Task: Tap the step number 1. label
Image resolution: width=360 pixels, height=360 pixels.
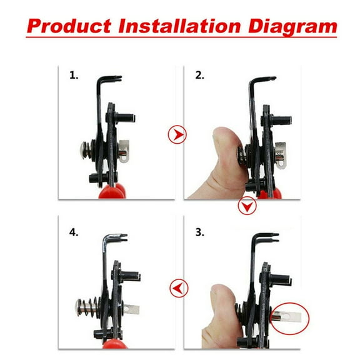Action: pyautogui.click(x=74, y=76)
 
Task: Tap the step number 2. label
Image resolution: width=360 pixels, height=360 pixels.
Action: pyautogui.click(x=200, y=76)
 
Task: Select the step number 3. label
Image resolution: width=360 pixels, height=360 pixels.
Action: pyautogui.click(x=200, y=232)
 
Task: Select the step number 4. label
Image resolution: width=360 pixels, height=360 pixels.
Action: pyautogui.click(x=74, y=232)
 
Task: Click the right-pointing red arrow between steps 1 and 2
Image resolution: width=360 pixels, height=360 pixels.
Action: pyautogui.click(x=177, y=134)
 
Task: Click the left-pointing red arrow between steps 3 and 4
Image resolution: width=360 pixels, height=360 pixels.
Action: pyautogui.click(x=178, y=288)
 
